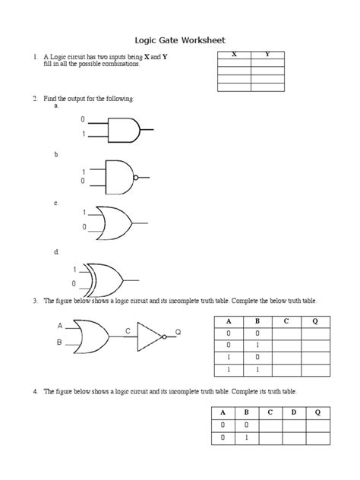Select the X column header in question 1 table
coord(234,55)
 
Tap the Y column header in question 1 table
coord(267,55)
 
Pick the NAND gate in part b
coord(118,176)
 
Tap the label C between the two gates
coord(128,331)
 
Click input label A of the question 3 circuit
coord(59,325)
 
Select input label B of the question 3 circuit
coord(59,343)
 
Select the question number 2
coord(34,99)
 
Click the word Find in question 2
coord(50,99)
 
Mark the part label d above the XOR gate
coord(55,251)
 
